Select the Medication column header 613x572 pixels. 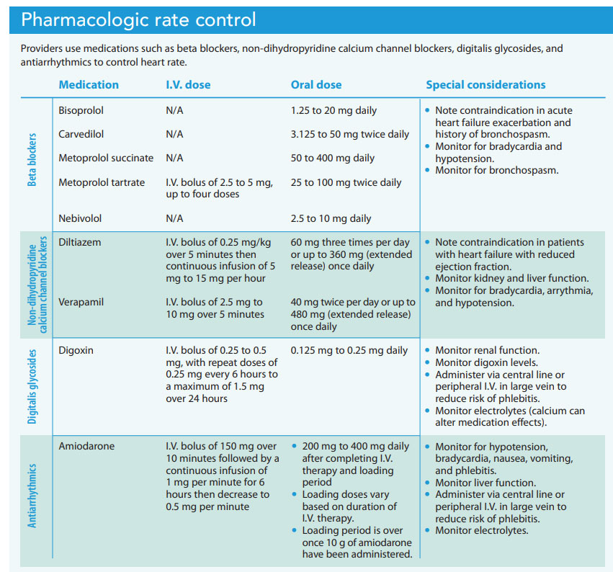[89, 85]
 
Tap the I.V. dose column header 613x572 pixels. [188, 85]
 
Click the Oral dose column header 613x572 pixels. [316, 85]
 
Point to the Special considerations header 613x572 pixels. [486, 85]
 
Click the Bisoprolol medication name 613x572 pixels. [81, 111]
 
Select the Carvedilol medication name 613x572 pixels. [81, 134]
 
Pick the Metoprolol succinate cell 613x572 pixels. [106, 158]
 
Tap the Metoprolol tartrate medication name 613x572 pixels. [102, 182]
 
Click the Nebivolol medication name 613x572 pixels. [80, 218]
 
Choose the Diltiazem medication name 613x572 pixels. [80, 243]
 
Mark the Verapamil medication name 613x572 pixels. [81, 303]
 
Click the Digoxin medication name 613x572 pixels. [76, 351]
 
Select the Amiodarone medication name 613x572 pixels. [86, 447]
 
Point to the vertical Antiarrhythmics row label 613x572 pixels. [32, 495]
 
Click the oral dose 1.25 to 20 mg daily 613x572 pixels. [334, 111]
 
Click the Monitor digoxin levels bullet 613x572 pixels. [486, 363]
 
